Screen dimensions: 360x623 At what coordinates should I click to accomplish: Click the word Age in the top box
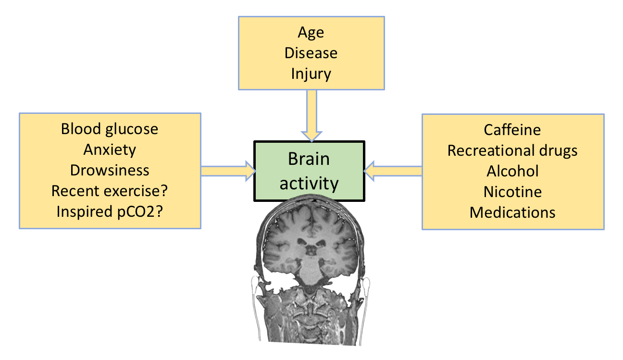click(311, 32)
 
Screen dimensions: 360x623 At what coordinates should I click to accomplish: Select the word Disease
click(311, 53)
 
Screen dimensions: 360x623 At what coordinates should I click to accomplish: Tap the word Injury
click(311, 74)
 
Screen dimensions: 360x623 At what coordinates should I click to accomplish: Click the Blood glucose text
click(110, 129)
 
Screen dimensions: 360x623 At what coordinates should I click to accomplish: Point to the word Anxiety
click(110, 149)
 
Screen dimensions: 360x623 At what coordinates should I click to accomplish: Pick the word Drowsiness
click(110, 170)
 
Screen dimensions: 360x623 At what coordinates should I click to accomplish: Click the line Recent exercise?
click(110, 191)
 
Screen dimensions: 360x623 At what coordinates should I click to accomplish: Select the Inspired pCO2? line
click(110, 211)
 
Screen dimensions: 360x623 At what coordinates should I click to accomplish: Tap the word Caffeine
click(512, 129)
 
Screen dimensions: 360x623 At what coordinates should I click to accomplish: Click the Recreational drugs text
click(512, 150)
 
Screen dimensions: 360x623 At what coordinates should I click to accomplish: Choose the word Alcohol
click(512, 171)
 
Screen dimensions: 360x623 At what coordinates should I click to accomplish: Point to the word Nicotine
click(512, 192)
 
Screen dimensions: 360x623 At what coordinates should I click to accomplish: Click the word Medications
click(512, 212)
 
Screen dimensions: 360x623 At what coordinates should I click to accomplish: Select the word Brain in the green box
click(309, 160)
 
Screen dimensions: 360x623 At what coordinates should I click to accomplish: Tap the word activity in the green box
click(309, 183)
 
